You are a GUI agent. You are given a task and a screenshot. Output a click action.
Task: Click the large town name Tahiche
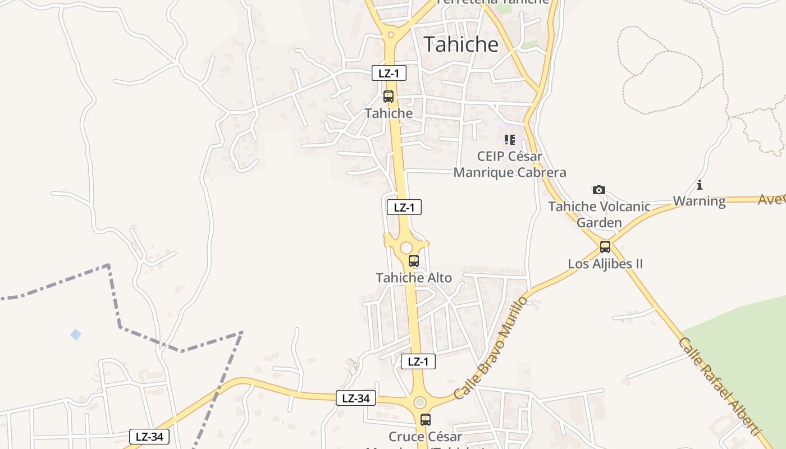point(461,44)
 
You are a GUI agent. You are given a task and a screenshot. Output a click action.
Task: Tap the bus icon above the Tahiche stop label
point(389,96)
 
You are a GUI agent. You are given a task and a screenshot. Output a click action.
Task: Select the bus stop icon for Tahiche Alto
point(414,260)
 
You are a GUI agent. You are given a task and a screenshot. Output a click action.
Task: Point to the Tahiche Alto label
point(414,277)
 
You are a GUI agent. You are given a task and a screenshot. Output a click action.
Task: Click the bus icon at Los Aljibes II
point(605,246)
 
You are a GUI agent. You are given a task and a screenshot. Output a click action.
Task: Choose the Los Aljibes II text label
point(605,264)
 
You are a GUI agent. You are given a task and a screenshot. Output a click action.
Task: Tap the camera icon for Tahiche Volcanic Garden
point(599,190)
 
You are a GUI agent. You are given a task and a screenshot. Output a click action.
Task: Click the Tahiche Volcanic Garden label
point(599,214)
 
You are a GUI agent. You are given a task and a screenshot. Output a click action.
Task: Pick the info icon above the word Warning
point(700,185)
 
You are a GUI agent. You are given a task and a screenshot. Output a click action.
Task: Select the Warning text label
point(700,201)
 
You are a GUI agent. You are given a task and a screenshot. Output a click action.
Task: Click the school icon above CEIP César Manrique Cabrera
point(509,139)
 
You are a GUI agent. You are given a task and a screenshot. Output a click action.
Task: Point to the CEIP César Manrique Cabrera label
point(509,164)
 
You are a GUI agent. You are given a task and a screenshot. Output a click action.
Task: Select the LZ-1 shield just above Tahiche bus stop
point(389,73)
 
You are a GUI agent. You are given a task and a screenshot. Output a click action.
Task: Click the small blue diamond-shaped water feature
point(76,335)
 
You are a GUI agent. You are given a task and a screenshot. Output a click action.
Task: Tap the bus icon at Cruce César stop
point(426,419)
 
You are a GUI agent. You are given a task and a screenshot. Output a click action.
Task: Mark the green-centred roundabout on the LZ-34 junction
point(420,402)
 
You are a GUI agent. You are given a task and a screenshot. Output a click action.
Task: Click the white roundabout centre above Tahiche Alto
point(406,248)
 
